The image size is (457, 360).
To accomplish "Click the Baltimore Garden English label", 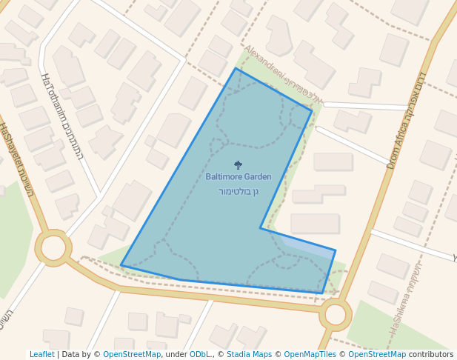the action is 238,177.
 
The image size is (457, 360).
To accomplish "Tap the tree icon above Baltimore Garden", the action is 238,165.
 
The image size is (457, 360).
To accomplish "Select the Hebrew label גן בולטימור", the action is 238,191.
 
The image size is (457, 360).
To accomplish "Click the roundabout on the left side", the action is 53,248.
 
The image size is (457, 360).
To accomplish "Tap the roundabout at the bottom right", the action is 335,315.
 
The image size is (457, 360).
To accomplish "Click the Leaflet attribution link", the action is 42,354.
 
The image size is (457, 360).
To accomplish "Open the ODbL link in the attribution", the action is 200,354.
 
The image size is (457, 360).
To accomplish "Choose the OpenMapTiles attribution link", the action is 309,354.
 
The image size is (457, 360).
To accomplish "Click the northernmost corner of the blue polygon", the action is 236,68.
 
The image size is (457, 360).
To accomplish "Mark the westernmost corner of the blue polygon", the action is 121,265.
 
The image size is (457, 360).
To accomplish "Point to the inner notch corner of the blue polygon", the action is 261,228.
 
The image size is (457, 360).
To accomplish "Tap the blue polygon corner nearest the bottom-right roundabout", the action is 323,293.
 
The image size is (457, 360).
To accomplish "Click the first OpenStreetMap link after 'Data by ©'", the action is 132,354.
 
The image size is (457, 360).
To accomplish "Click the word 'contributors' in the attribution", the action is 431,354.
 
